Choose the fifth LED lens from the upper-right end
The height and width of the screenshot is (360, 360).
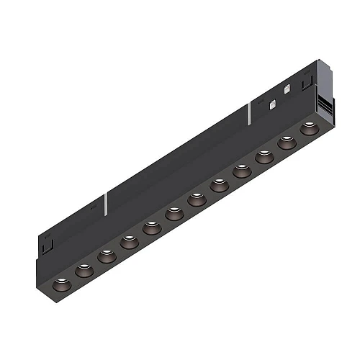click(219, 186)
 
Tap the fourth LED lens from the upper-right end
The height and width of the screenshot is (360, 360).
click(241, 171)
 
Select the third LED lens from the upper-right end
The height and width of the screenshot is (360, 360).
click(264, 157)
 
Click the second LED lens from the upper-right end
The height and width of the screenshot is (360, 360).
click(287, 143)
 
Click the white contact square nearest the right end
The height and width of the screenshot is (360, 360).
click(288, 89)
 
